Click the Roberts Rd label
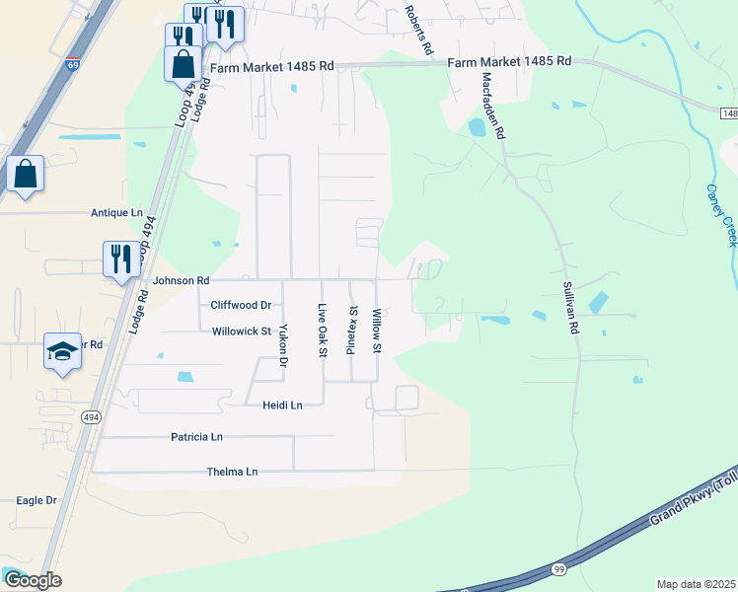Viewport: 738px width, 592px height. tap(418, 30)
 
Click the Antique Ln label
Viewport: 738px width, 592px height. tap(116, 212)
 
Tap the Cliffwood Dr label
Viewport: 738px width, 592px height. tap(238, 306)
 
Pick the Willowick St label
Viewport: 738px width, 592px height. tap(241, 332)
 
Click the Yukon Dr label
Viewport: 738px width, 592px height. tap(282, 345)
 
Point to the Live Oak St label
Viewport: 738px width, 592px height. tap(322, 332)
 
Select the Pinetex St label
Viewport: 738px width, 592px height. tap(352, 330)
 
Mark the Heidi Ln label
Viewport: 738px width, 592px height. tap(282, 405)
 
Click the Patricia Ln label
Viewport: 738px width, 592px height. tap(196, 436)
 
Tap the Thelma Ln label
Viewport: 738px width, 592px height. tap(232, 472)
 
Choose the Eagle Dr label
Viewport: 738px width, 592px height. tap(37, 501)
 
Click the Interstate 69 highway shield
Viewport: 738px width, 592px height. tap(73, 66)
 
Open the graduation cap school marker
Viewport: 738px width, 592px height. tap(61, 352)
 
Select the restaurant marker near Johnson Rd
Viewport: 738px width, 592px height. tap(121, 259)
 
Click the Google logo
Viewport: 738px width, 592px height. tap(33, 580)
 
